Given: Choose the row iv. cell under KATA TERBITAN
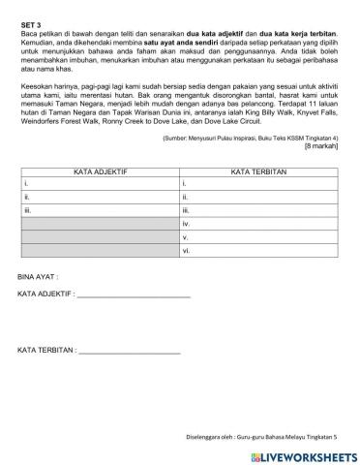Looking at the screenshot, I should pos(257,223).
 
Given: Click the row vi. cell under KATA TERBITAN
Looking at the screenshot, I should pos(257,250).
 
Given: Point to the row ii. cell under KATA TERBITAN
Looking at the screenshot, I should pos(257,196).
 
